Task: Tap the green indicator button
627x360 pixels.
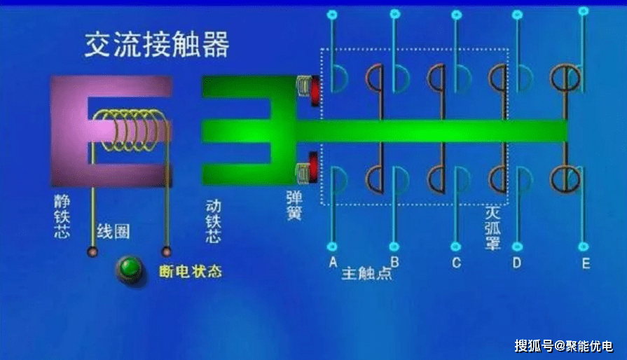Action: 130,268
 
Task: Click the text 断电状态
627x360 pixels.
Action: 191,270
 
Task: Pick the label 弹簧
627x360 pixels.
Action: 294,204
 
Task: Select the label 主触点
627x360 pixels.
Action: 366,274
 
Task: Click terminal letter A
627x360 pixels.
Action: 332,263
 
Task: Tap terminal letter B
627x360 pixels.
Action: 394,263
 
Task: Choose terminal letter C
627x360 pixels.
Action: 456,263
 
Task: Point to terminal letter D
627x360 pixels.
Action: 517,263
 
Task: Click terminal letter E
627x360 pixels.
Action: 585,263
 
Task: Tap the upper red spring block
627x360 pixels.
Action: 313,88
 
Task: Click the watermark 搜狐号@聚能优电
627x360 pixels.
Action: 563,345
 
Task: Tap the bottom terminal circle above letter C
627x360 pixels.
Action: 456,247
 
